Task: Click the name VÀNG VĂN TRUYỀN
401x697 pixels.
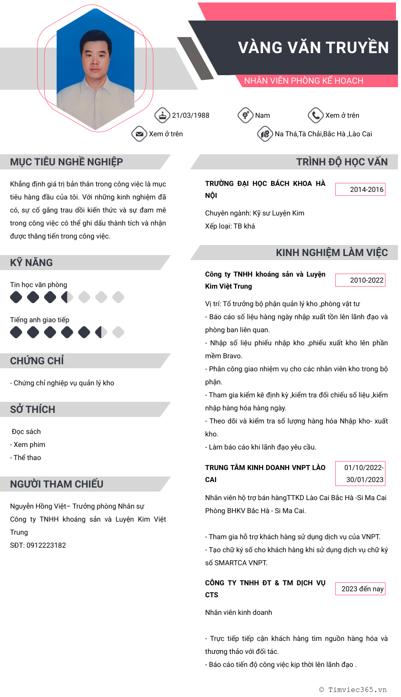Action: pos(313,47)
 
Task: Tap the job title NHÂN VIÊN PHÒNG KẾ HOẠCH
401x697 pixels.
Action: pos(303,81)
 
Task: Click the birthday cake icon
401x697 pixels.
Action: pos(162,115)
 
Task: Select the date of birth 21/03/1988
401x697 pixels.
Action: pos(190,115)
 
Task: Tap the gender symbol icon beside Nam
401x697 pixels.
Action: pos(245,115)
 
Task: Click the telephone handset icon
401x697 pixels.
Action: pos(315,115)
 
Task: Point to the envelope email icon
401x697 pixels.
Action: pos(139,134)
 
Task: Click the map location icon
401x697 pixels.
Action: pos(265,134)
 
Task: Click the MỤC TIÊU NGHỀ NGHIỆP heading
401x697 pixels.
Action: pos(67,162)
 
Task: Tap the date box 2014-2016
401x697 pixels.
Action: pos(360,189)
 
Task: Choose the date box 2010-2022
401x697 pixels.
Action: pos(360,280)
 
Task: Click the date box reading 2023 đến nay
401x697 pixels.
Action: pos(360,589)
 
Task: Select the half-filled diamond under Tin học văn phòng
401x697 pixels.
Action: pos(67,298)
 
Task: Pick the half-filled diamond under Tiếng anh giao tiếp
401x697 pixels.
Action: pos(101,332)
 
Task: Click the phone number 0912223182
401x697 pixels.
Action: pos(46,545)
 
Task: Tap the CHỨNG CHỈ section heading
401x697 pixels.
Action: pos(37,361)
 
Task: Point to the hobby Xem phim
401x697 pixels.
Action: pos(29,444)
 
